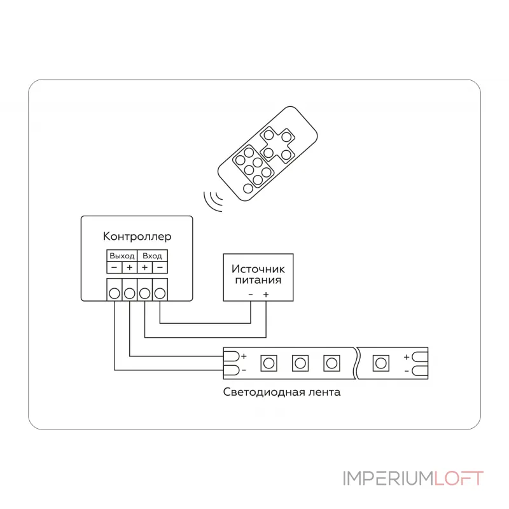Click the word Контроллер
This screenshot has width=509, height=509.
[x=137, y=236]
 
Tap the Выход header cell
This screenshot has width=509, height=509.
[x=122, y=256]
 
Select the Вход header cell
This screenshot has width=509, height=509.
[x=152, y=256]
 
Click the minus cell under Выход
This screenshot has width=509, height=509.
[x=115, y=267]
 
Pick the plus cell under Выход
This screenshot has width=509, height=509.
[x=130, y=267]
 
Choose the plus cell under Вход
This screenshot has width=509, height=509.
[x=145, y=267]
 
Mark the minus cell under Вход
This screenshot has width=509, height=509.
[x=160, y=267]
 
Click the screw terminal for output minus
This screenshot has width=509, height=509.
[x=115, y=293]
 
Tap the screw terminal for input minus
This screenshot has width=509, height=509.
[x=160, y=293]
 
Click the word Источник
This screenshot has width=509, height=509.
[x=258, y=268]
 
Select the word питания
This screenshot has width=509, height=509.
[x=258, y=280]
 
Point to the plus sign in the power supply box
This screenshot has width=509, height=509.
[x=266, y=295]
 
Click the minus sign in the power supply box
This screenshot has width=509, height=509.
[x=251, y=295]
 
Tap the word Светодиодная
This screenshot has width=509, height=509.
[x=264, y=392]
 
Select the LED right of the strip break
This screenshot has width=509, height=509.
[x=380, y=363]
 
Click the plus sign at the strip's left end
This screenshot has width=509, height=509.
[x=244, y=356]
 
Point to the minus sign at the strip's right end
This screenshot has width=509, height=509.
[x=407, y=371]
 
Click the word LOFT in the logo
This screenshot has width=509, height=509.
[x=459, y=478]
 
